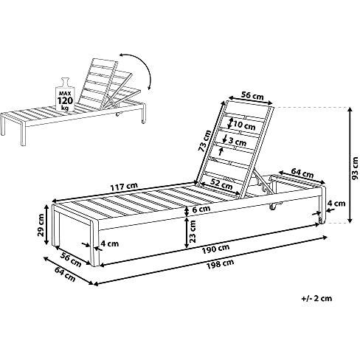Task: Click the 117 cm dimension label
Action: (x=124, y=187)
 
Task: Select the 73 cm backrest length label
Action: (x=204, y=141)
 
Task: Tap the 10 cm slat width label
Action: (x=245, y=125)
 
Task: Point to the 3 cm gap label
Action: (x=238, y=142)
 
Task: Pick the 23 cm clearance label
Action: (x=193, y=231)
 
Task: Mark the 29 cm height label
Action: (x=41, y=225)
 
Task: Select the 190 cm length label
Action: (x=215, y=249)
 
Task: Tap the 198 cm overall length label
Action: (x=220, y=264)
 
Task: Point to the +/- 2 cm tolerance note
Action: (x=317, y=298)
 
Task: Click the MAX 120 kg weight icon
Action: (x=65, y=94)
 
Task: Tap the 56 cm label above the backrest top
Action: (x=252, y=95)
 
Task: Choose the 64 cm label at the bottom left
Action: (x=65, y=274)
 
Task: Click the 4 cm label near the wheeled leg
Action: (x=336, y=204)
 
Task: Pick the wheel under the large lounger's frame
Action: (x=272, y=207)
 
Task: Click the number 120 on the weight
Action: (x=65, y=101)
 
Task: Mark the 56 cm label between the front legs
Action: (x=71, y=260)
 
